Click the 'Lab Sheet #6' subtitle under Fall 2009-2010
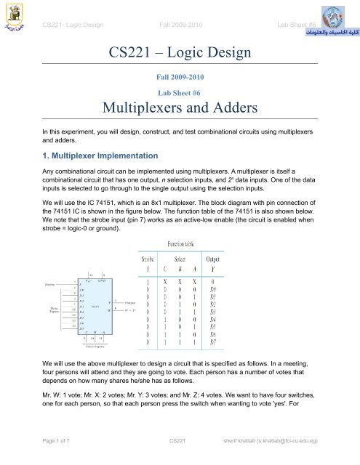pos(180,93)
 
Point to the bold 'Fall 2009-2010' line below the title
pos(180,76)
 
